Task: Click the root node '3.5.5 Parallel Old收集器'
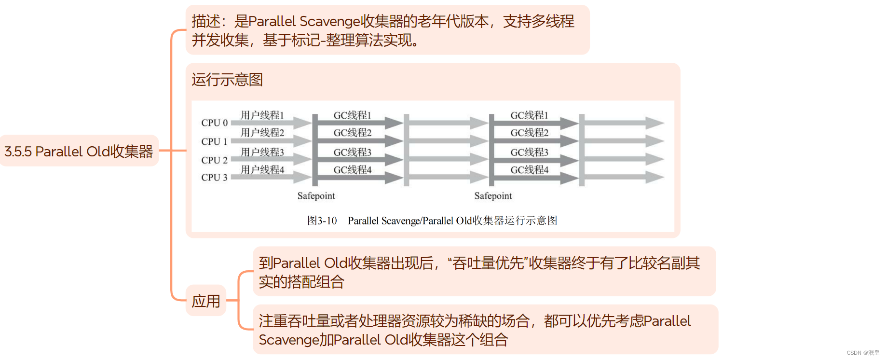coord(79,152)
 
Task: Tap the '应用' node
coord(206,301)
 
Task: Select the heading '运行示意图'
coord(227,80)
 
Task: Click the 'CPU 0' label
coord(214,123)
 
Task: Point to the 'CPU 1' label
coord(214,141)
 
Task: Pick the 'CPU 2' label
coord(214,160)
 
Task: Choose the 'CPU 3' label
coord(214,178)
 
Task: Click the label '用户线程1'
coord(262,115)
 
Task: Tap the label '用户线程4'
coord(262,170)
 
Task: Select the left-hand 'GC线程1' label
coord(353,115)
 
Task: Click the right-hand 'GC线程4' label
coord(530,170)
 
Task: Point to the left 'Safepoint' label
coord(316,196)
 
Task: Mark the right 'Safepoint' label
coord(493,196)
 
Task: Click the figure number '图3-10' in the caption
coord(322,221)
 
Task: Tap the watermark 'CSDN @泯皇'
coord(863,353)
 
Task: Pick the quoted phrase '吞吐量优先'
coord(488,263)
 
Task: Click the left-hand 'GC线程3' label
coord(353,152)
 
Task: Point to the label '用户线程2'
coord(262,133)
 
